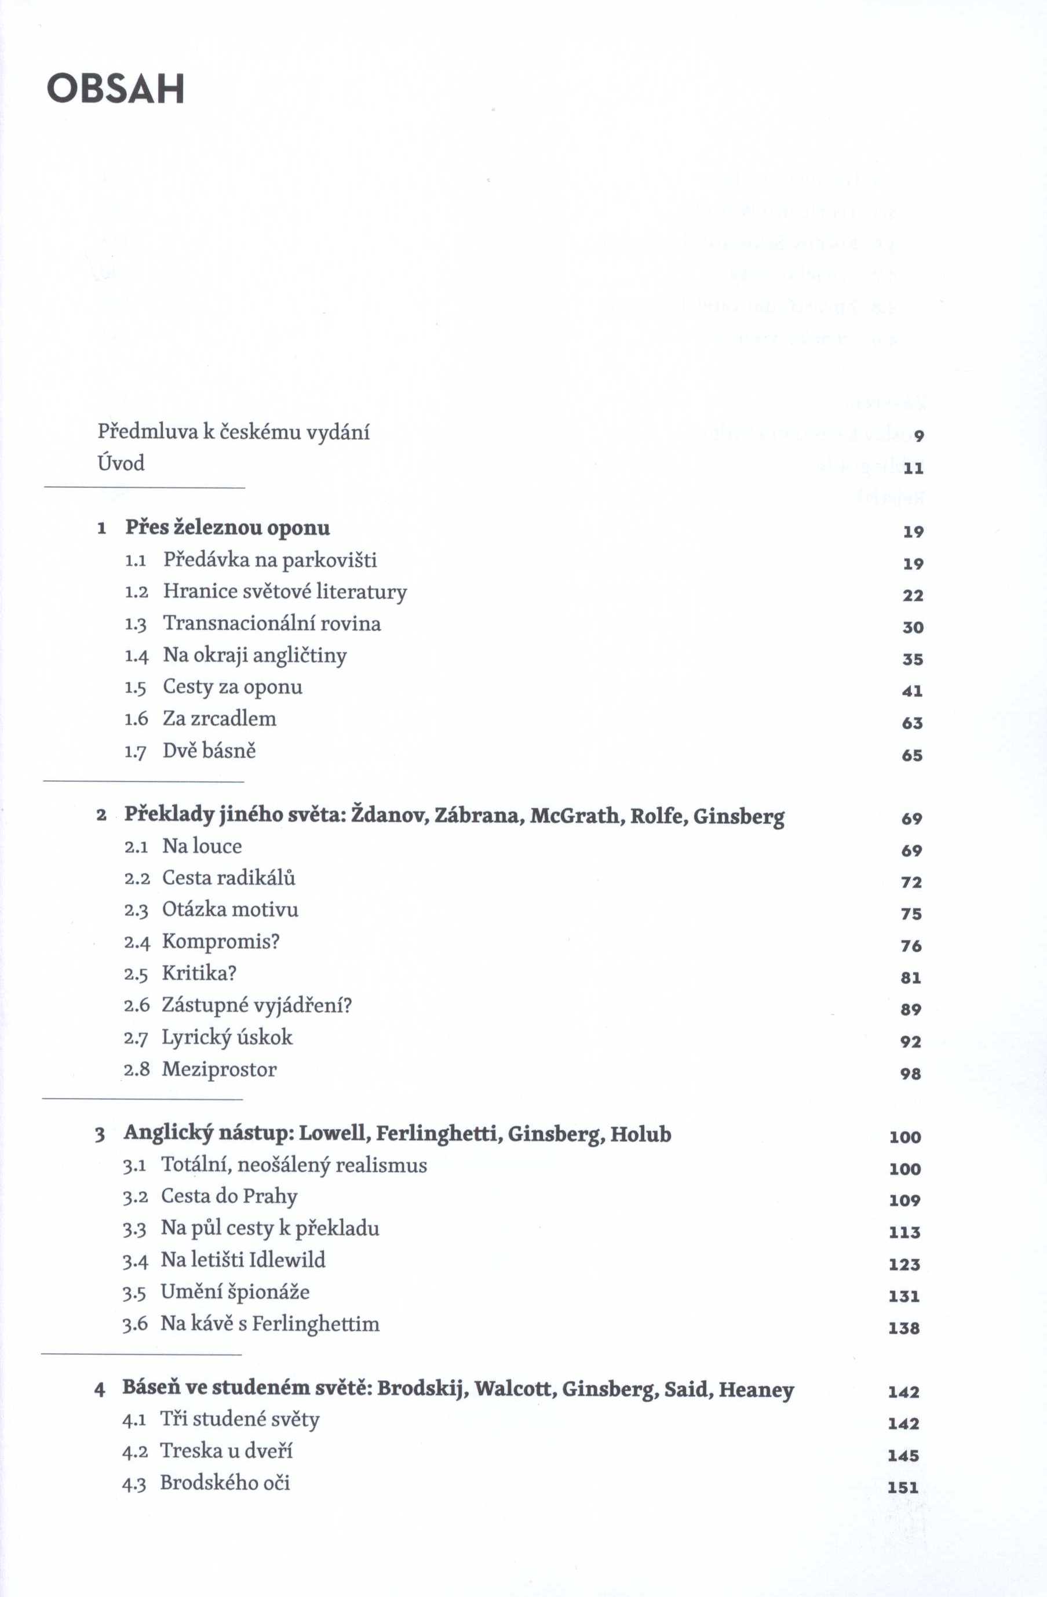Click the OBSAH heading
[x=115, y=89]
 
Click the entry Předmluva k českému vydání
[x=234, y=432]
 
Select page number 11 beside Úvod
[x=913, y=468]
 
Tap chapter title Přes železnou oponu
[x=227, y=528]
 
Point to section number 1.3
[x=136, y=624]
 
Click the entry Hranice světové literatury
[x=285, y=592]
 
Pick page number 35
[x=912, y=659]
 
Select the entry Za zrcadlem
[x=220, y=719]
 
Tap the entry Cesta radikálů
[x=229, y=878]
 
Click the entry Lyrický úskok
[x=227, y=1038]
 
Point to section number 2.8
[x=137, y=1069]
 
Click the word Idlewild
[x=287, y=1260]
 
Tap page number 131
[x=903, y=1296]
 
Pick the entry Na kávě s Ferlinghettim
[x=269, y=1324]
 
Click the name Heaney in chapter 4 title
[x=756, y=1389]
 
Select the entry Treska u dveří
[x=226, y=1451]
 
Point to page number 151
[x=902, y=1487]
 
